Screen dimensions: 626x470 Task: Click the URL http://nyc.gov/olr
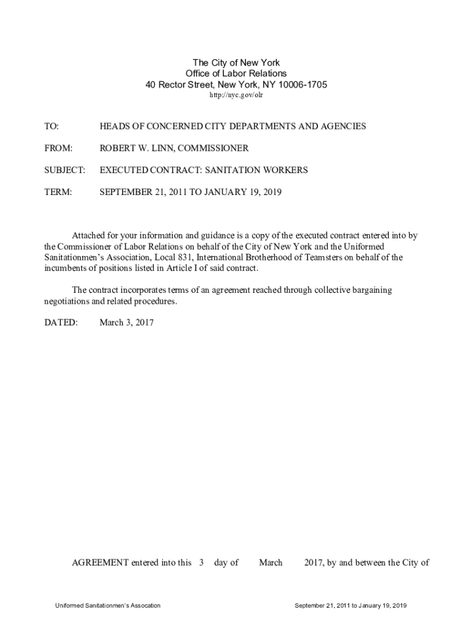[x=236, y=96]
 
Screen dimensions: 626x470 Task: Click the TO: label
[x=51, y=127]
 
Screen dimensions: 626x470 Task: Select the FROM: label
[x=58, y=149]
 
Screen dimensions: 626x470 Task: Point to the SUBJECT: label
[x=64, y=171]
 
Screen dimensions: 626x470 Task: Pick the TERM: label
[x=58, y=193]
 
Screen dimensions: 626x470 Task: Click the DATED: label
[x=60, y=323]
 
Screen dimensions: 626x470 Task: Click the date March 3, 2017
[x=126, y=323]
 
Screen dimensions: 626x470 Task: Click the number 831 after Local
[x=186, y=257]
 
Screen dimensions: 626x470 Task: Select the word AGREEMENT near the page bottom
[x=100, y=562]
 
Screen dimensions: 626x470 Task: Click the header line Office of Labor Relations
[x=236, y=74]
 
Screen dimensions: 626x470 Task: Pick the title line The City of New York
[x=236, y=63]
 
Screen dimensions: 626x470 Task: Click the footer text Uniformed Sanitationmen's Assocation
[x=107, y=605]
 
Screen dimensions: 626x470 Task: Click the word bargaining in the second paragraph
[x=366, y=290]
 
